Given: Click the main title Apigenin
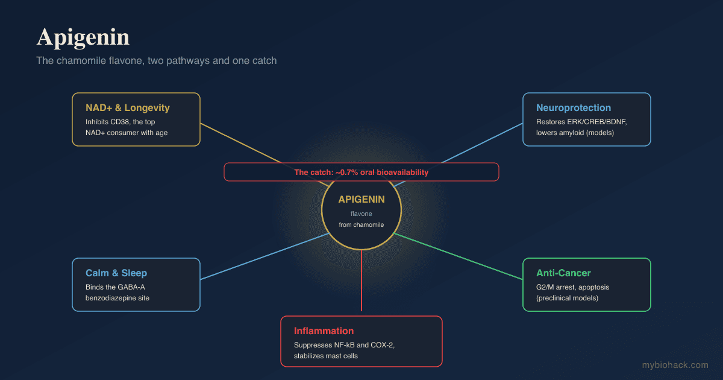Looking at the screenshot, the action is point(83,37).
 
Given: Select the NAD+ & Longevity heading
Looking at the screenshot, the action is point(128,107).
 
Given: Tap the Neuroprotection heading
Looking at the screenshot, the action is point(574,107).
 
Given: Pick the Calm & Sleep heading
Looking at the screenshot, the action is point(116,273).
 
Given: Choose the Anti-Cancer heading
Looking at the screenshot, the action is point(563,273).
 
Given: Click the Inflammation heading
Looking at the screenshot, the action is point(324,331).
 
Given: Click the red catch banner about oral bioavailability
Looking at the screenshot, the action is point(361,173).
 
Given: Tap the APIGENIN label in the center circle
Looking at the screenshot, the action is point(361,200).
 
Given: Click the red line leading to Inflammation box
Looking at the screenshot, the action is point(361,280).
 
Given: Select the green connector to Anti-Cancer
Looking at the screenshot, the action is point(458,256).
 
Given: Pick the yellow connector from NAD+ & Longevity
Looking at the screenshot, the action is point(264,155).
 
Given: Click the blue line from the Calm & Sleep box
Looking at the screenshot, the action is point(264,256).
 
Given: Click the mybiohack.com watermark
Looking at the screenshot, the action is point(675,365).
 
